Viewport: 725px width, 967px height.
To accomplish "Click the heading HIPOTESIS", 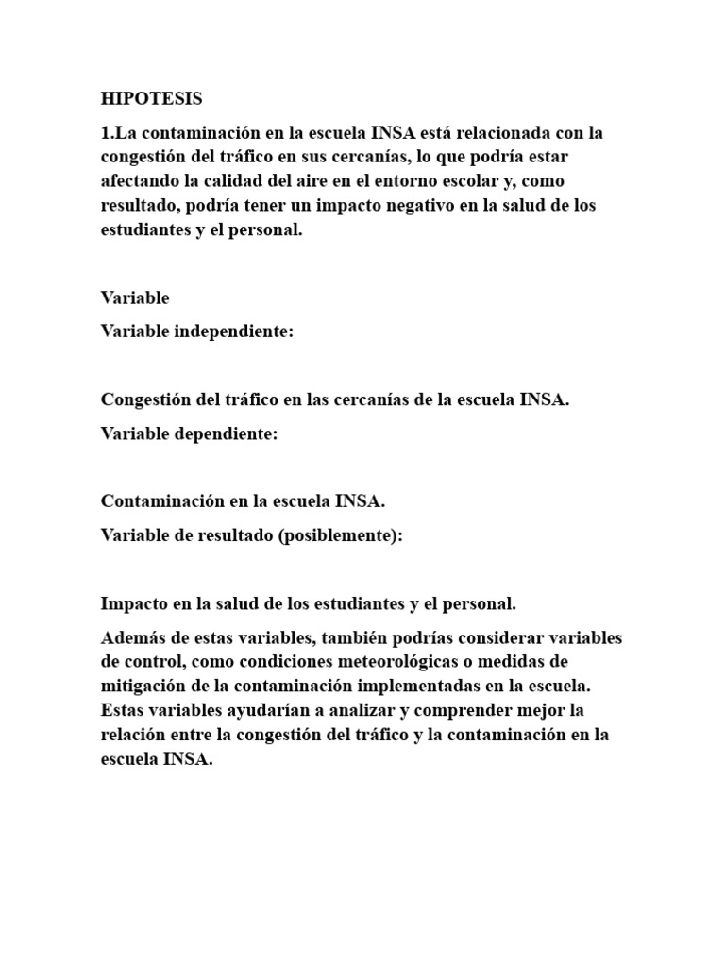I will coord(151,98).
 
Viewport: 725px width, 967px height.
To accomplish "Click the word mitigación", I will coord(143,685).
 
